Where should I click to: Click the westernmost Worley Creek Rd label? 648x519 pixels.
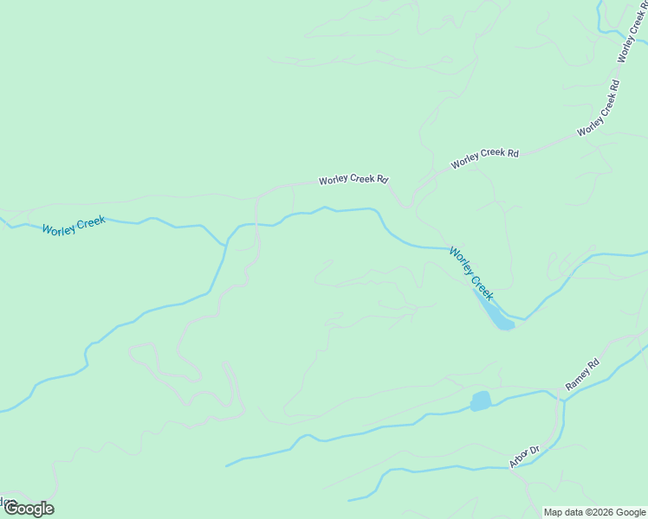[x=353, y=180]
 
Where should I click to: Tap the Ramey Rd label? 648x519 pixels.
[x=582, y=375]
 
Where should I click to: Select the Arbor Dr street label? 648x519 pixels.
[x=524, y=456]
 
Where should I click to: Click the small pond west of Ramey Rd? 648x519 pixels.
[x=480, y=400]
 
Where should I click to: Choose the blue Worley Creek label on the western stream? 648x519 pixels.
[x=74, y=226]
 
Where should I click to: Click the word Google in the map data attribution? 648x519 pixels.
[x=631, y=512]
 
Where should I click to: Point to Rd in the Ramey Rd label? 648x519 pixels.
[x=593, y=364]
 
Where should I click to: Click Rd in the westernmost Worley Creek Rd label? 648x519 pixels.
[x=381, y=180]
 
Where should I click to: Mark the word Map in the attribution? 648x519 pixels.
[x=554, y=512]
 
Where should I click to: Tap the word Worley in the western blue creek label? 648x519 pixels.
[x=59, y=228]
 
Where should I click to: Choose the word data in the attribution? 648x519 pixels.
[x=575, y=512]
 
